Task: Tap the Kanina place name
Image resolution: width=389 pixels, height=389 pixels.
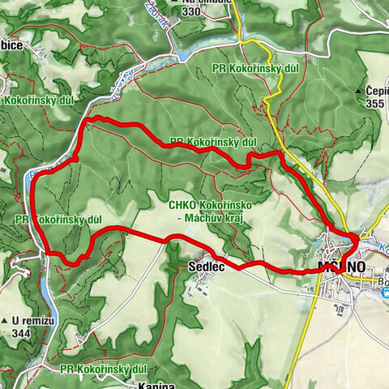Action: [154, 384]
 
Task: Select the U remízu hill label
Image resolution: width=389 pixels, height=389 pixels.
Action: [27, 320]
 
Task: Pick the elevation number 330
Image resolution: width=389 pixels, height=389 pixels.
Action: [190, 11]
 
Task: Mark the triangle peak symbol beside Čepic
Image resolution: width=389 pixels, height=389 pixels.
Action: [360, 92]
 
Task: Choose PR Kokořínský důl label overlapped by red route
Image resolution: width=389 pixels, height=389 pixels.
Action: [214, 142]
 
